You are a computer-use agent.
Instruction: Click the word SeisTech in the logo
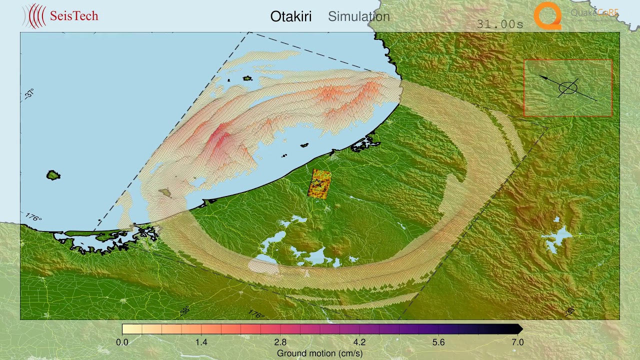pos(74,16)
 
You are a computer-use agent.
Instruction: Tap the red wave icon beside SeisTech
pos(35,16)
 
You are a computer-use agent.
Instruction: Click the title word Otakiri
pos(290,16)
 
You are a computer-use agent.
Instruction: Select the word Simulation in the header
pos(358,16)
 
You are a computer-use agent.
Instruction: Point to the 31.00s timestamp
pos(499,24)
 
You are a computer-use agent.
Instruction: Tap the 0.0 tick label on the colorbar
pos(122,342)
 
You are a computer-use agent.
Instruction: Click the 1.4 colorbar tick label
pos(201,342)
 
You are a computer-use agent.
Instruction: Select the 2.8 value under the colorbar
pos(280,342)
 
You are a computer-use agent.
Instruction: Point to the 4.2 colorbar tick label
pos(359,342)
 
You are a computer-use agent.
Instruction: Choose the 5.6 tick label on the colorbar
pos(438,342)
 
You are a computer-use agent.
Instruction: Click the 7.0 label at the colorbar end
pos(517,342)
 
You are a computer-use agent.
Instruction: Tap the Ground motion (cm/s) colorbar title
pos(320,353)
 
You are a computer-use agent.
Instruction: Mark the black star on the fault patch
pos(316,183)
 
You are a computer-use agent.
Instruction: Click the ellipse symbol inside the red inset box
pos(568,88)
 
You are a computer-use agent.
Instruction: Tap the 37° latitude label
pos(30,93)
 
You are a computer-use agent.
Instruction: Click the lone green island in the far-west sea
pos(53,175)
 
